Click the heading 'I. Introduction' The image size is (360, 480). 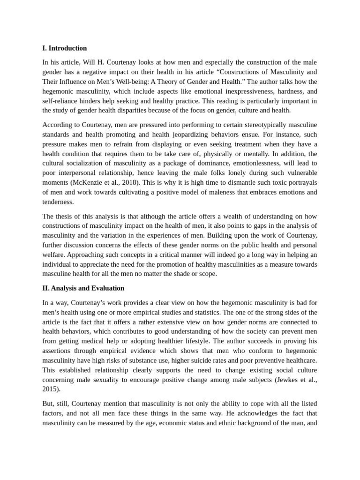(x=64, y=48)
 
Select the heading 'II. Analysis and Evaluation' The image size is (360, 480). (x=83, y=288)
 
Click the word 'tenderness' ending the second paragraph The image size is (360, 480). (x=57, y=202)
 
